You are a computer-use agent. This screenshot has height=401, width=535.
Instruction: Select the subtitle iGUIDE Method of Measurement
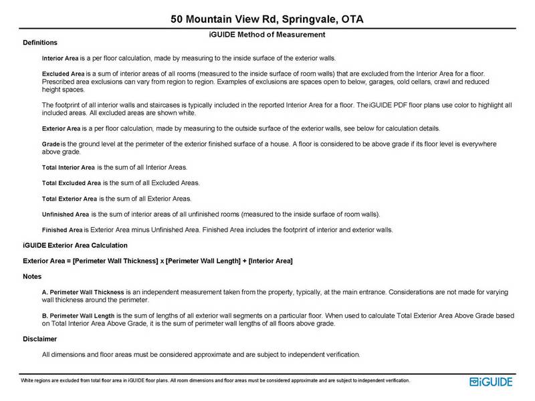267,34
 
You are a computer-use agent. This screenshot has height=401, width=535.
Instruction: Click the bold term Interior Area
61,58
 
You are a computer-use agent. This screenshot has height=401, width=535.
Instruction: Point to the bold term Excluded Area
62,73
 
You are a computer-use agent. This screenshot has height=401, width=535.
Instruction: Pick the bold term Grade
51,144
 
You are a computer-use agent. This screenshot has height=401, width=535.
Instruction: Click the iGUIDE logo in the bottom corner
492,382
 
